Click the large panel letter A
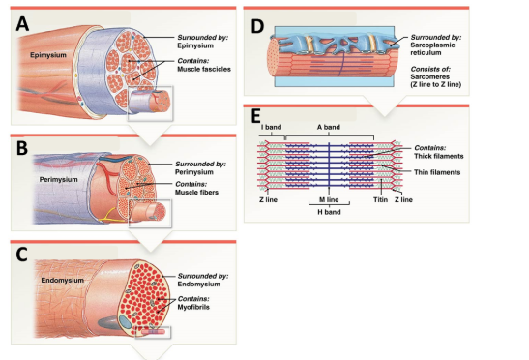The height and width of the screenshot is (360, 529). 22,24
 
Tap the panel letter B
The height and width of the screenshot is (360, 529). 22,148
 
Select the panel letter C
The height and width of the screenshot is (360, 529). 21,255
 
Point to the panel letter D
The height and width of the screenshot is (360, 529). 257,26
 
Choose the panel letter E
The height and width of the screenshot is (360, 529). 255,116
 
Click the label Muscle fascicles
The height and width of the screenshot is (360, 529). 204,69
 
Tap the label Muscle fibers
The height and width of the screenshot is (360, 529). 196,193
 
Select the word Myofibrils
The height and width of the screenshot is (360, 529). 193,307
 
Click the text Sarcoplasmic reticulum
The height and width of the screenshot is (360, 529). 432,49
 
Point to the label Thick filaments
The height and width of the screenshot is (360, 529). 439,156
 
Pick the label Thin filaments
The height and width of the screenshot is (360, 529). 437,172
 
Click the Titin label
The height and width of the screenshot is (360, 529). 380,200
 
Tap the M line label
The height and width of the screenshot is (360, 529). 329,200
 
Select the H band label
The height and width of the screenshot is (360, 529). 329,212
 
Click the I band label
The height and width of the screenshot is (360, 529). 271,127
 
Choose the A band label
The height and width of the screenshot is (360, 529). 329,127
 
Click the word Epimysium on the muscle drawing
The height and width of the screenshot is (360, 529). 48,55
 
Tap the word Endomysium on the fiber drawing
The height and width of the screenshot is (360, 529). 63,281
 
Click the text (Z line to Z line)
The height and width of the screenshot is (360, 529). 435,84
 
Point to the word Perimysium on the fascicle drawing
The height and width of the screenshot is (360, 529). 58,180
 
